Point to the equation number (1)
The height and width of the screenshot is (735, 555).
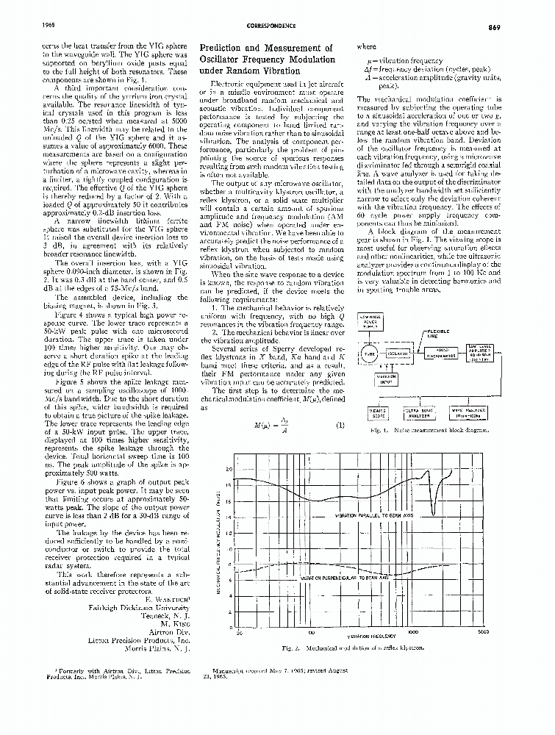tap(340, 426)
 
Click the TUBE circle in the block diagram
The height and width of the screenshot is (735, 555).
tap(370, 354)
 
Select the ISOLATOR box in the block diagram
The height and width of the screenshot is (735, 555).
tap(398, 354)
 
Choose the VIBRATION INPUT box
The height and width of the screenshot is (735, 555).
tap(387, 379)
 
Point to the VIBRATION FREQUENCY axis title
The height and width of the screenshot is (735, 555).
tap(368, 637)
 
